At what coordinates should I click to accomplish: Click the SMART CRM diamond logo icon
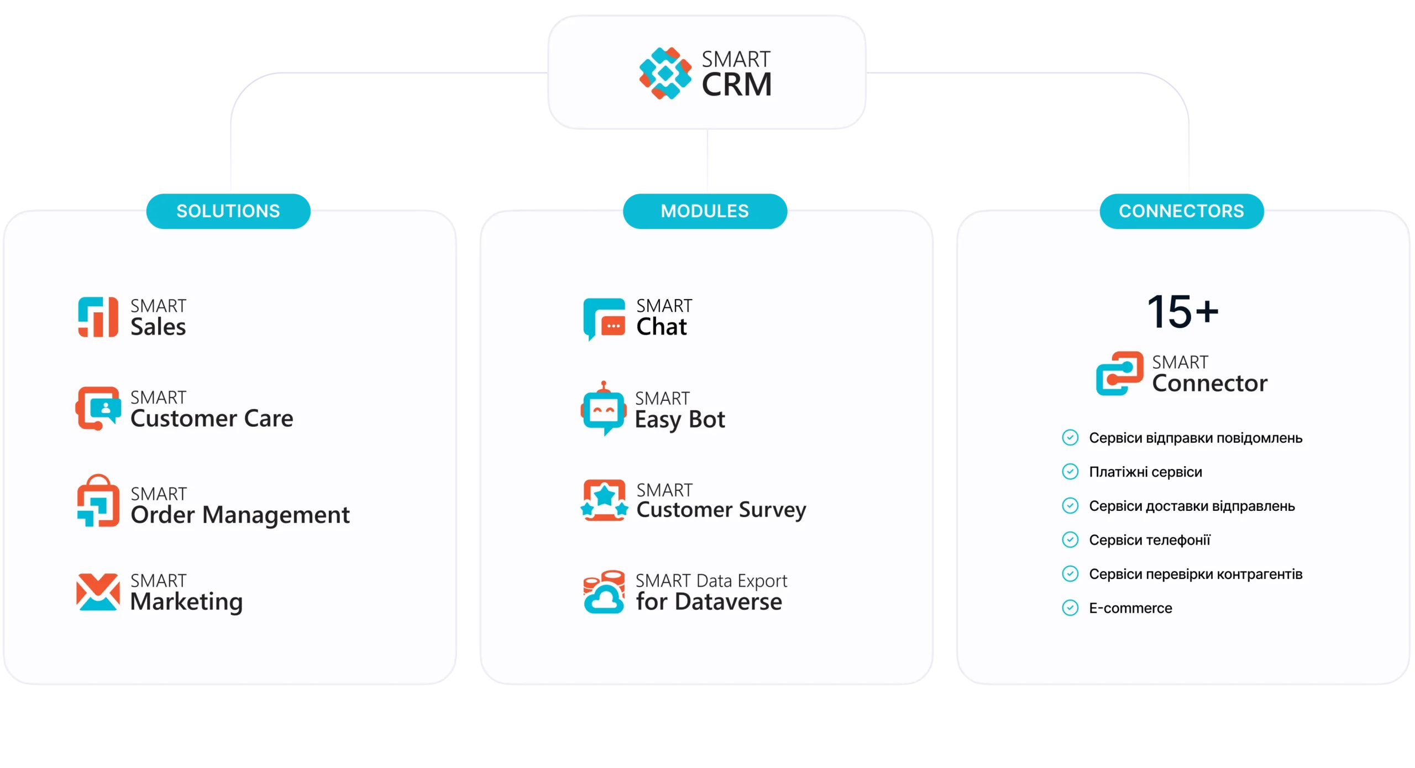[x=665, y=73]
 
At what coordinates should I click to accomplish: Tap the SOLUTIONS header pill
[x=228, y=211]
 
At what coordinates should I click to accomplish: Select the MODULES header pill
[x=705, y=211]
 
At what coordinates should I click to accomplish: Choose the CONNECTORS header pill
[x=1181, y=211]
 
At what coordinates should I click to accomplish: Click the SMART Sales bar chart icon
[x=98, y=317]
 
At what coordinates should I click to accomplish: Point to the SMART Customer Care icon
[x=98, y=409]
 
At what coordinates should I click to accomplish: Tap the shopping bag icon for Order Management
[x=98, y=501]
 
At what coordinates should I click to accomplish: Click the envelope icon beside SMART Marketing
[x=98, y=592]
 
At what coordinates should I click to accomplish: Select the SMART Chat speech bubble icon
[x=604, y=318]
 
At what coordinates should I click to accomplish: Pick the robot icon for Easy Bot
[x=604, y=410]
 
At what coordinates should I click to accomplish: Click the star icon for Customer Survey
[x=604, y=500]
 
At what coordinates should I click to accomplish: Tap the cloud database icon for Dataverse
[x=604, y=592]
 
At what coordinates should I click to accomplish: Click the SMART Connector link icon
[x=1120, y=373]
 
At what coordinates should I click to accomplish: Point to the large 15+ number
[x=1183, y=311]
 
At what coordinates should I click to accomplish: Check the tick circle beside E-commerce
[x=1070, y=608]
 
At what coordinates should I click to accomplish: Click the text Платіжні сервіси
[x=1145, y=472]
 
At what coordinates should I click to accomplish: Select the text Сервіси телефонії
[x=1149, y=540]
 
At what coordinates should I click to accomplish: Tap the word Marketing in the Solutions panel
[x=186, y=602]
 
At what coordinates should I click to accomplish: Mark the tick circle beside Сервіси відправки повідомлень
[x=1070, y=437]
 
